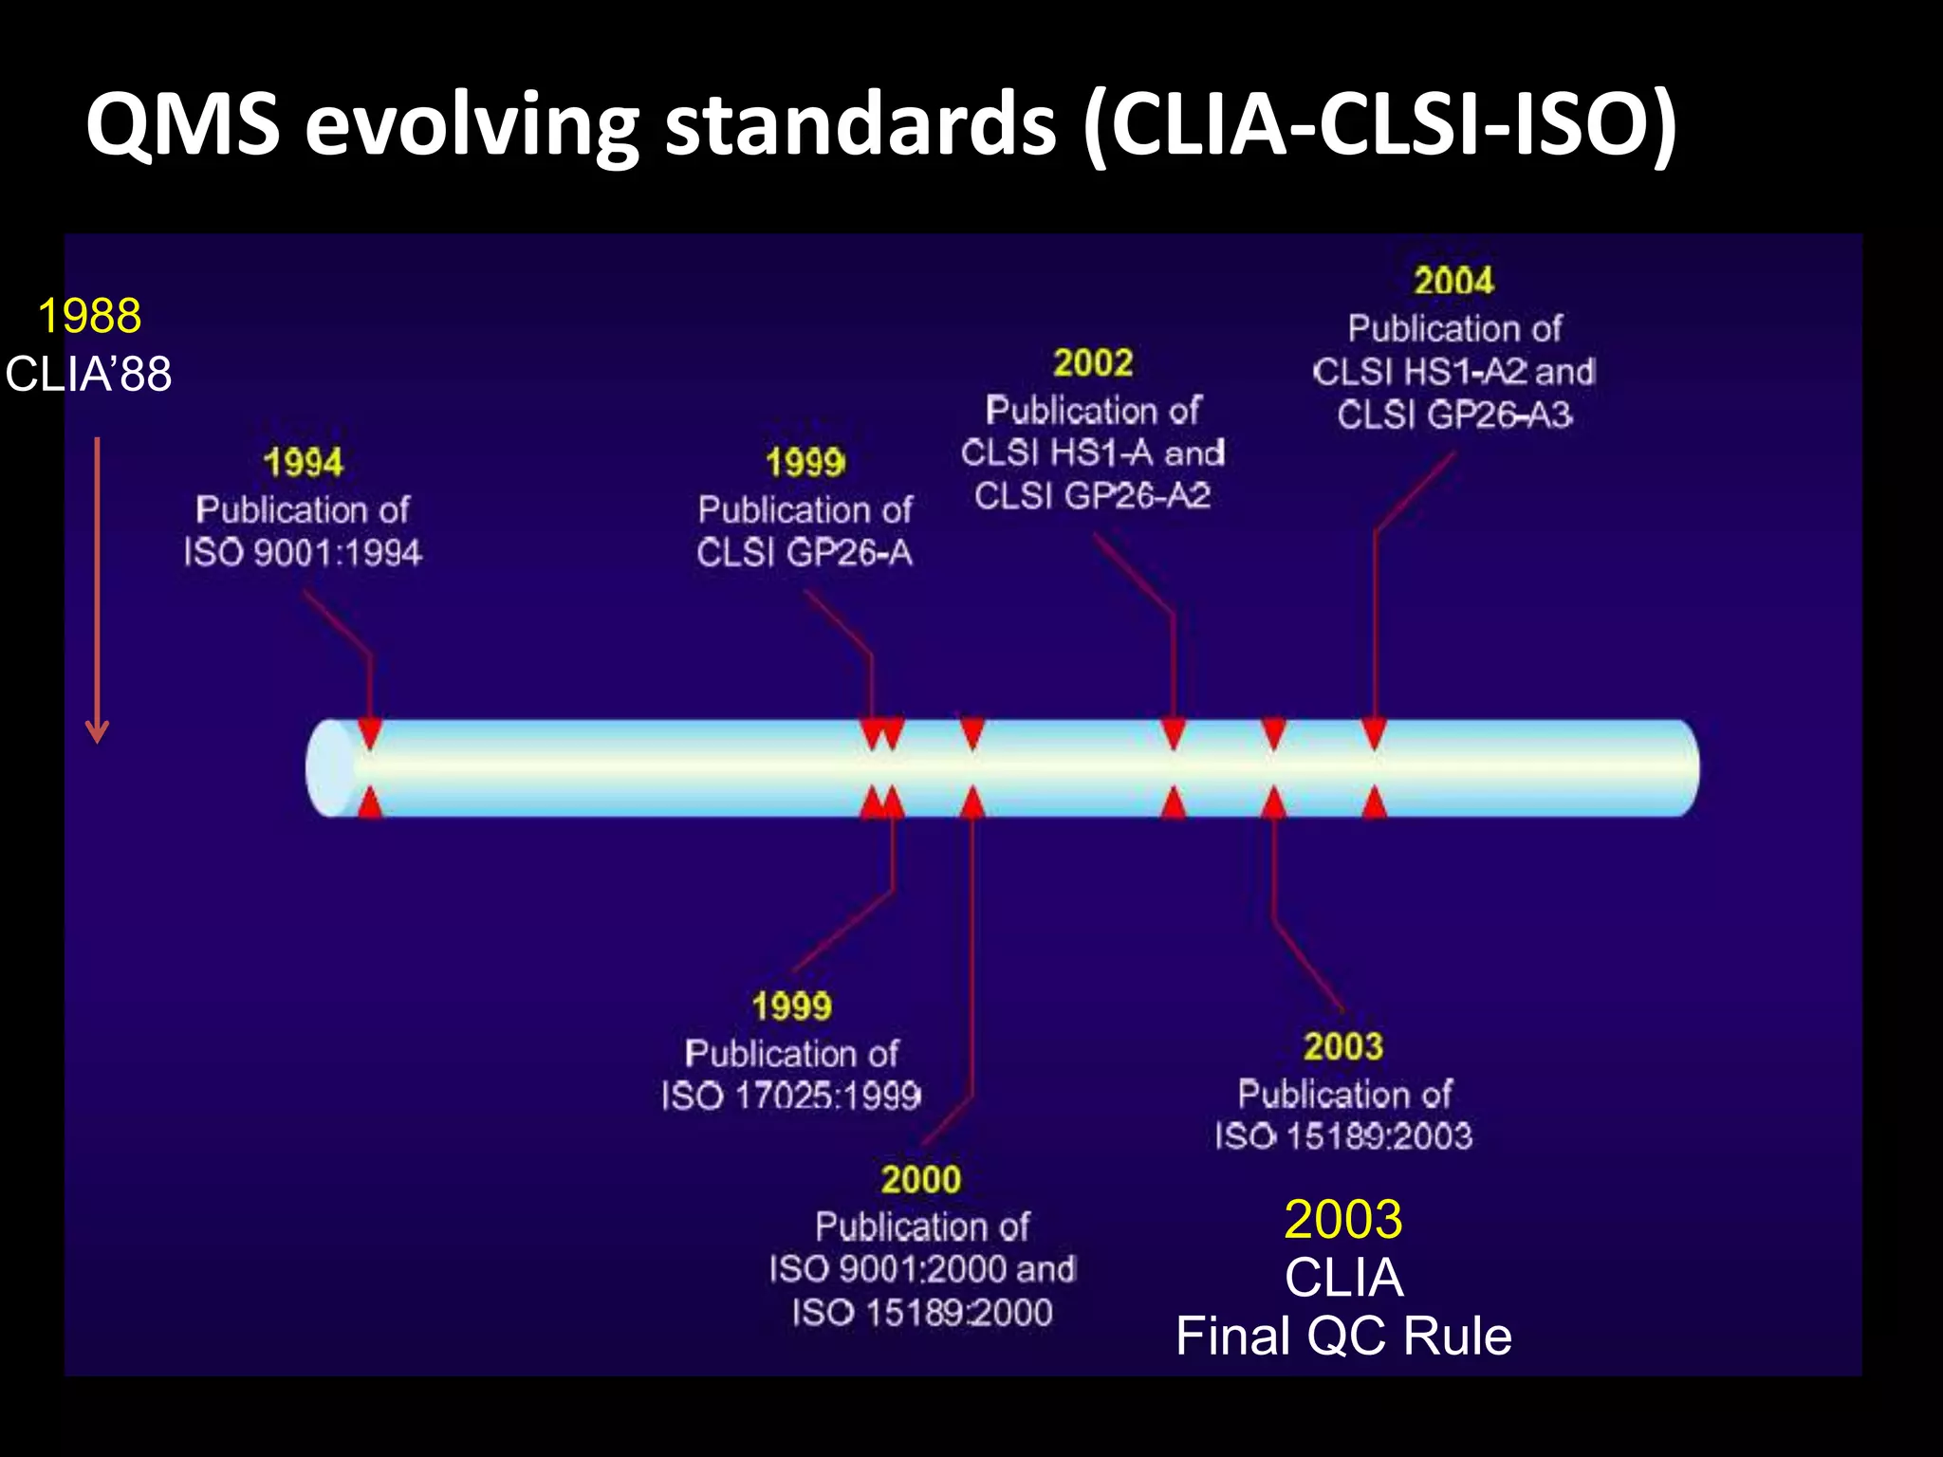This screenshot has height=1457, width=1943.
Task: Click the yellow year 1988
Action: pos(89,316)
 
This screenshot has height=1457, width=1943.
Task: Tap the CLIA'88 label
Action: pos(89,374)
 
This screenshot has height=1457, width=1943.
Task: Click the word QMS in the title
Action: pos(183,124)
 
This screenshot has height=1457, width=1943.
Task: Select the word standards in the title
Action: pos(860,124)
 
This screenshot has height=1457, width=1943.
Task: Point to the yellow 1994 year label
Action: pos(303,463)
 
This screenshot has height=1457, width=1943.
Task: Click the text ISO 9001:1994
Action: pos(303,552)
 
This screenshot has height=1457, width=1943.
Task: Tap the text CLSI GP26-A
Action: pos(805,552)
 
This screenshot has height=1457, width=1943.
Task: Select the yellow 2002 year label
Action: pos(1093,362)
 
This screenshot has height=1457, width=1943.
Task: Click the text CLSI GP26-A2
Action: pos(1093,495)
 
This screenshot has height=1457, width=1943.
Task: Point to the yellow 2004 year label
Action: pos(1453,281)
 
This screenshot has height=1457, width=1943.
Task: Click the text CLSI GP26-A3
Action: pos(1453,415)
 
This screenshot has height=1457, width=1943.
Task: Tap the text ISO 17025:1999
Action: pos(791,1097)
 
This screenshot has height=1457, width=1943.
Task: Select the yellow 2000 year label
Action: pos(920,1179)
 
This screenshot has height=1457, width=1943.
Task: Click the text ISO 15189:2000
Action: pos(922,1313)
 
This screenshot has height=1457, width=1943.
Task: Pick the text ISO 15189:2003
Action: pos(1343,1136)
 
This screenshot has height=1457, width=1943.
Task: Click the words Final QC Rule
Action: pos(1343,1336)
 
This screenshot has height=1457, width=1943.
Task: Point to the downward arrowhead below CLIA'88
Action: pos(97,733)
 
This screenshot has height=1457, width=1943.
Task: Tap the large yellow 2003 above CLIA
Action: pos(1342,1219)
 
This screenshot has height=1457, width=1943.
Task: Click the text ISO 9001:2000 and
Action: pos(922,1269)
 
